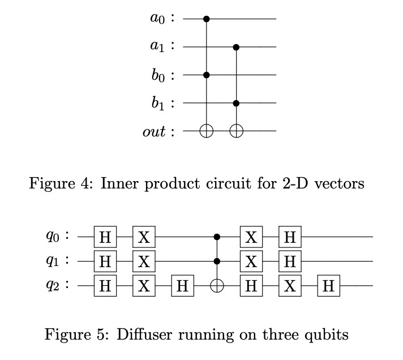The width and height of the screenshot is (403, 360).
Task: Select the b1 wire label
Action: coord(158,103)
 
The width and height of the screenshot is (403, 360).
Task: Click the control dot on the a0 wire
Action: coord(207,19)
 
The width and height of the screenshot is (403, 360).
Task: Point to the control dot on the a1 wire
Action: coord(237,47)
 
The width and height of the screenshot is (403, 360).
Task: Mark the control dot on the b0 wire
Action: coord(207,75)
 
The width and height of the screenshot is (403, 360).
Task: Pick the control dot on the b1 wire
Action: coord(237,103)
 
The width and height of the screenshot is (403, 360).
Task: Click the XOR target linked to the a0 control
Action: coord(207,131)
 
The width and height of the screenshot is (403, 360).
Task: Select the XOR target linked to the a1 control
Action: coord(237,131)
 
